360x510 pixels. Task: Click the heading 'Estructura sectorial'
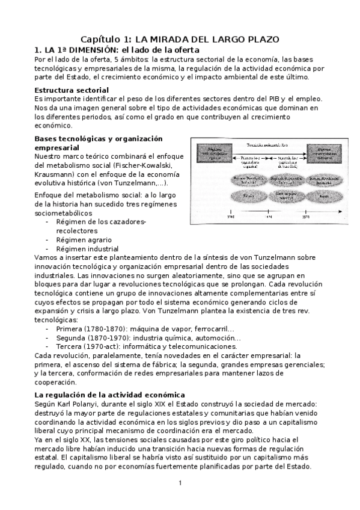[x=72, y=90]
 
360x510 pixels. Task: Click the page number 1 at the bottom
[x=180, y=483]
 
